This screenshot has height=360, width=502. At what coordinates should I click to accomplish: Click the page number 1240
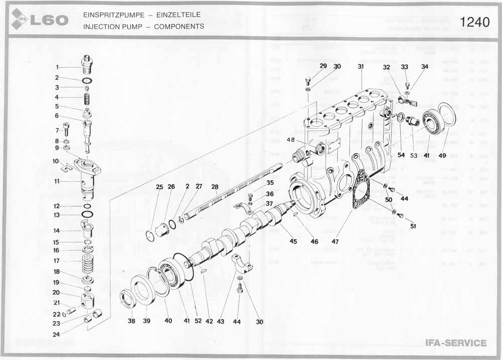coord(474,23)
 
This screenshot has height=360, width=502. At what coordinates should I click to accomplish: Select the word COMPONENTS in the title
coord(179,26)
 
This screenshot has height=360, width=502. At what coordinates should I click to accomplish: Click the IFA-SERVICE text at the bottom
coord(456,343)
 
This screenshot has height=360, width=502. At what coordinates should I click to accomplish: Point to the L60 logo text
coord(49,21)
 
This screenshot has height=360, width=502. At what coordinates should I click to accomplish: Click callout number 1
coord(57,67)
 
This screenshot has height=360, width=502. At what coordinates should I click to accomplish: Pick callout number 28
coord(215,186)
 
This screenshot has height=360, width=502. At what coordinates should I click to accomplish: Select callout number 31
coord(360,66)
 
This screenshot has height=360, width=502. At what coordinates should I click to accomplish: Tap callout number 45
coord(293,241)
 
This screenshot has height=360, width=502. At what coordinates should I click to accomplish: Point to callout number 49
coord(442,156)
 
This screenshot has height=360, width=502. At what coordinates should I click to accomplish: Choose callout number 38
coord(131,320)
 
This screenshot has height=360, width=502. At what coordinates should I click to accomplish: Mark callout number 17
coord(57,261)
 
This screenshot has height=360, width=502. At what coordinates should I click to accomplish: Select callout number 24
coord(57,334)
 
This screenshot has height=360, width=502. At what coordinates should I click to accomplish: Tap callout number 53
coord(413,156)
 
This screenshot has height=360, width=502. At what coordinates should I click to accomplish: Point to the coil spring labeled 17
coord(88,262)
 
